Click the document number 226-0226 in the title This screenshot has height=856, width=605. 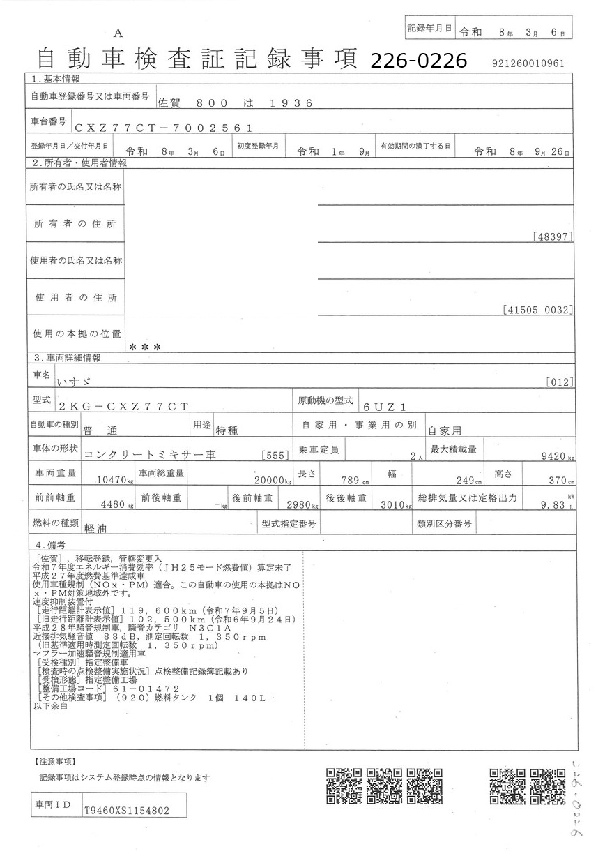[x=418, y=61]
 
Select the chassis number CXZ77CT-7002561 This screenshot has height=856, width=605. [x=164, y=128]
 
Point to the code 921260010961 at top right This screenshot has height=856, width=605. [x=528, y=63]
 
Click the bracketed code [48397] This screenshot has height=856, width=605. [x=552, y=237]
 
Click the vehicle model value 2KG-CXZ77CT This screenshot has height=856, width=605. [x=124, y=405]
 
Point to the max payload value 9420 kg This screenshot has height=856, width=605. [x=557, y=457]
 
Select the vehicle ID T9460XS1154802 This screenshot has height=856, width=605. [x=126, y=811]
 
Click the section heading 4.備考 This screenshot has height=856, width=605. [x=50, y=544]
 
